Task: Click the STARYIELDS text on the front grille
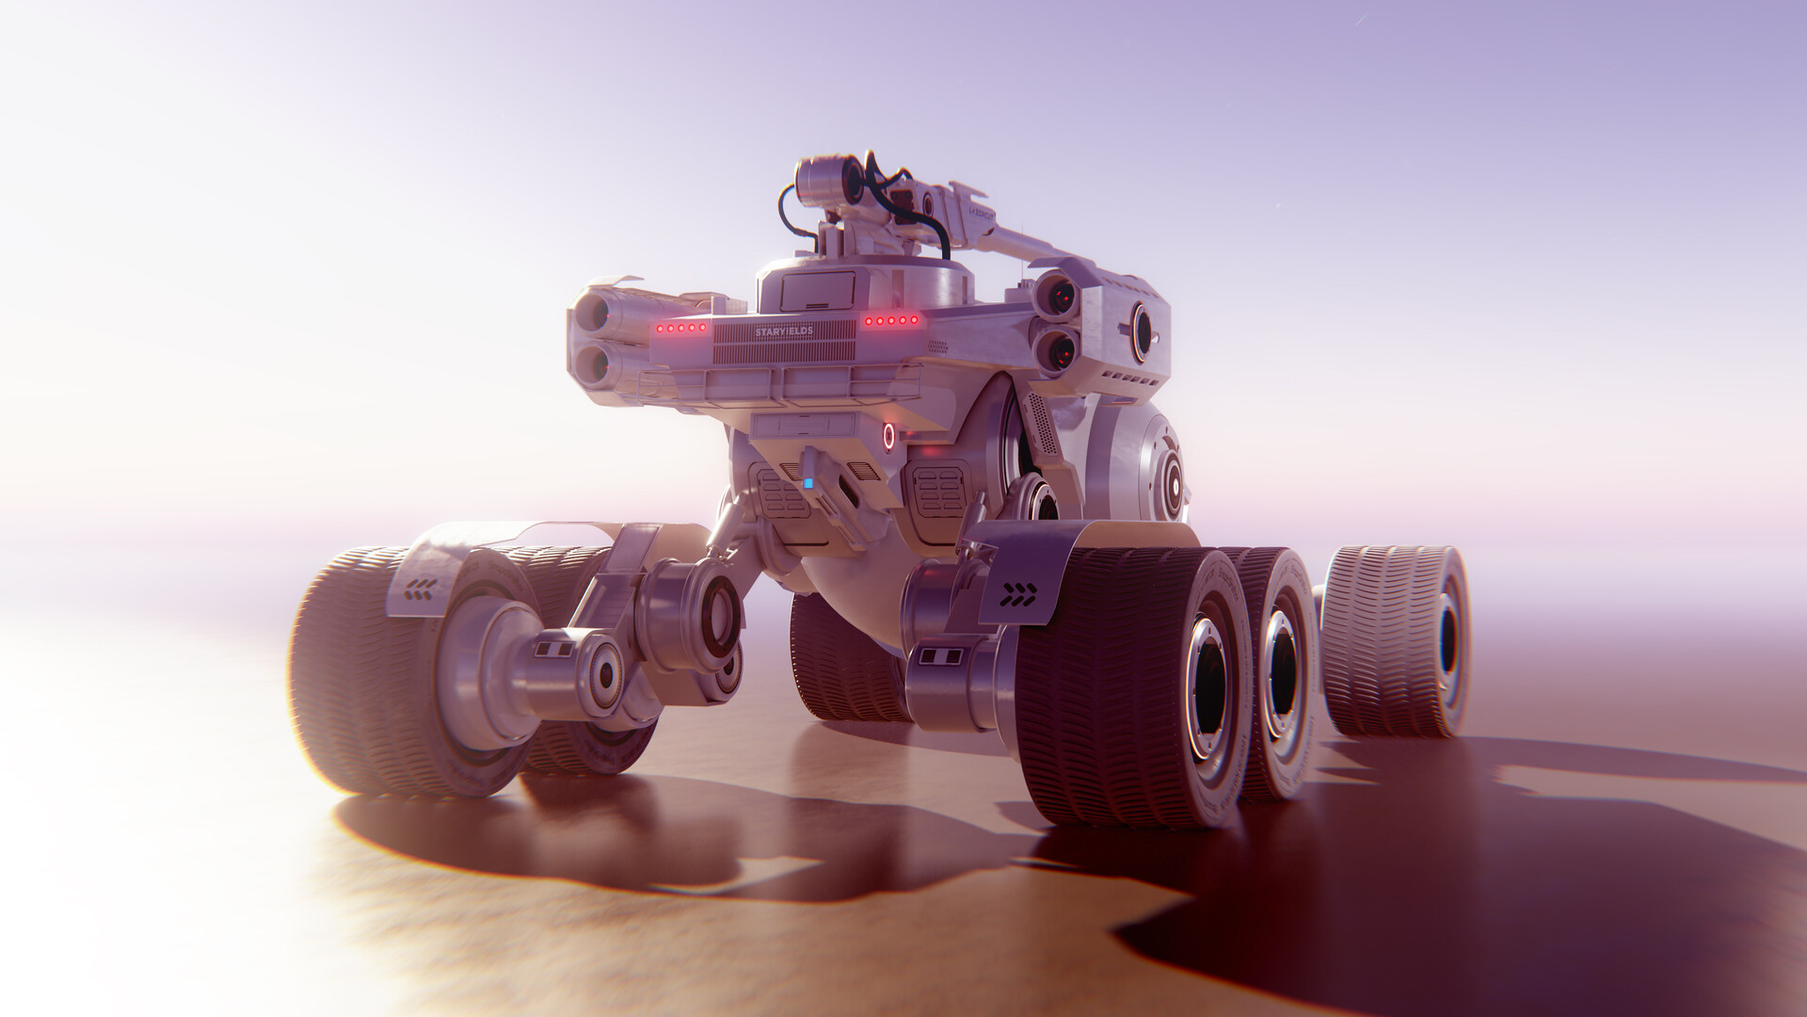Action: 783,332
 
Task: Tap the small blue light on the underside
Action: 808,483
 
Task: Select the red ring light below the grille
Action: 888,436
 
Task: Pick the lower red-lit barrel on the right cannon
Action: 1058,351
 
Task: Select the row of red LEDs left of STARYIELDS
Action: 680,328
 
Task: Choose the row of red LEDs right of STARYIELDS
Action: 891,321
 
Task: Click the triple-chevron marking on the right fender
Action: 1017,594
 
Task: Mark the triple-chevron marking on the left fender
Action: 420,590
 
